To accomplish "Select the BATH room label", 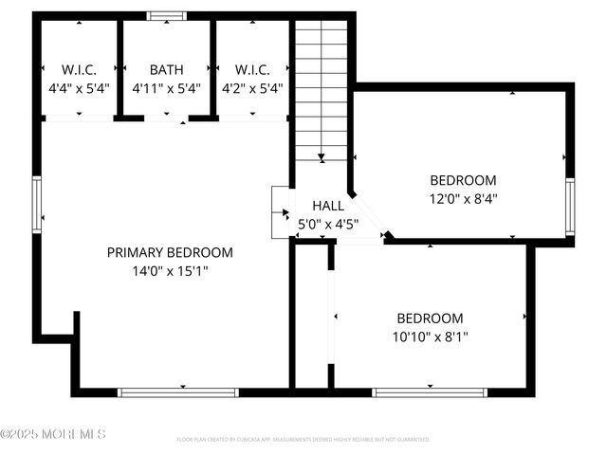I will pyautogui.click(x=166, y=69).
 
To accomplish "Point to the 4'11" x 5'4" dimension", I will pyautogui.click(x=166, y=88).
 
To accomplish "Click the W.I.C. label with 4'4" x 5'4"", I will pyautogui.click(x=79, y=69).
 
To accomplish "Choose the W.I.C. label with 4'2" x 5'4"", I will pyautogui.click(x=252, y=69).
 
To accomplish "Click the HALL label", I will pyautogui.click(x=328, y=206).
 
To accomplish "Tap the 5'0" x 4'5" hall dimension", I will pyautogui.click(x=328, y=225).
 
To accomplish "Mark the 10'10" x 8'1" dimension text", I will pyautogui.click(x=431, y=337).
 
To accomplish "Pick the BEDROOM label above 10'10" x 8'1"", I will pyautogui.click(x=431, y=318).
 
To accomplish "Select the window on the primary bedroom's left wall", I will pyautogui.click(x=37, y=205).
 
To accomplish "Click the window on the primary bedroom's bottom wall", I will pyautogui.click(x=177, y=391).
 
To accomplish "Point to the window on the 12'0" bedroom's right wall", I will pyautogui.click(x=570, y=207).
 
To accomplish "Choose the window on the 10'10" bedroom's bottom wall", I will pyautogui.click(x=430, y=391).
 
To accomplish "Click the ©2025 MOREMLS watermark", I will pyautogui.click(x=53, y=434).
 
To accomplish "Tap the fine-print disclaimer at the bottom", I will pyautogui.click(x=303, y=440).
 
